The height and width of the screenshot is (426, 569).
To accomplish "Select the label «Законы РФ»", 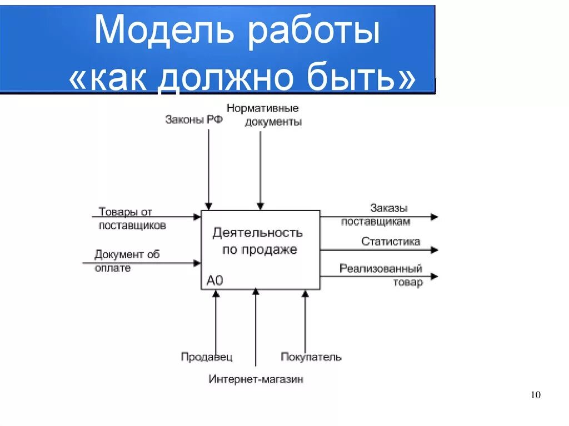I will point(194,119).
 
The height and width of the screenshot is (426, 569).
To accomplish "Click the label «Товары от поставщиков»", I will point(132,218).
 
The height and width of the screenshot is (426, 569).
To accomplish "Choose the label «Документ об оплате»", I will point(127,261).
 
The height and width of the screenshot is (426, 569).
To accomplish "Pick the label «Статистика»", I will point(391,242).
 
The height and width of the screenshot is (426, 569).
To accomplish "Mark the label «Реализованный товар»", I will point(381,275).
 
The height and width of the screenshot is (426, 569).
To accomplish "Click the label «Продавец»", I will point(207,357).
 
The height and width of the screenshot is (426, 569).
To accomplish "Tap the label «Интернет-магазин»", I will point(256,380).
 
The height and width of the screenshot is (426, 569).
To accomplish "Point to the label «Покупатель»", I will point(311,357).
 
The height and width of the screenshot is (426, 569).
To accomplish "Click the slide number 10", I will point(536,395).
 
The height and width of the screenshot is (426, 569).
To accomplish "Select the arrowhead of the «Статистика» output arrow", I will point(434,250).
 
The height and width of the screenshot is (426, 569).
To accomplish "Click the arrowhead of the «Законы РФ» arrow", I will point(209,206).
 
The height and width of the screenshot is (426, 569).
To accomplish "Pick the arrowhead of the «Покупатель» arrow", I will point(305,294).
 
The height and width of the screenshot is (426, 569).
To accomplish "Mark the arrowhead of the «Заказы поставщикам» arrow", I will point(434,217).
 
